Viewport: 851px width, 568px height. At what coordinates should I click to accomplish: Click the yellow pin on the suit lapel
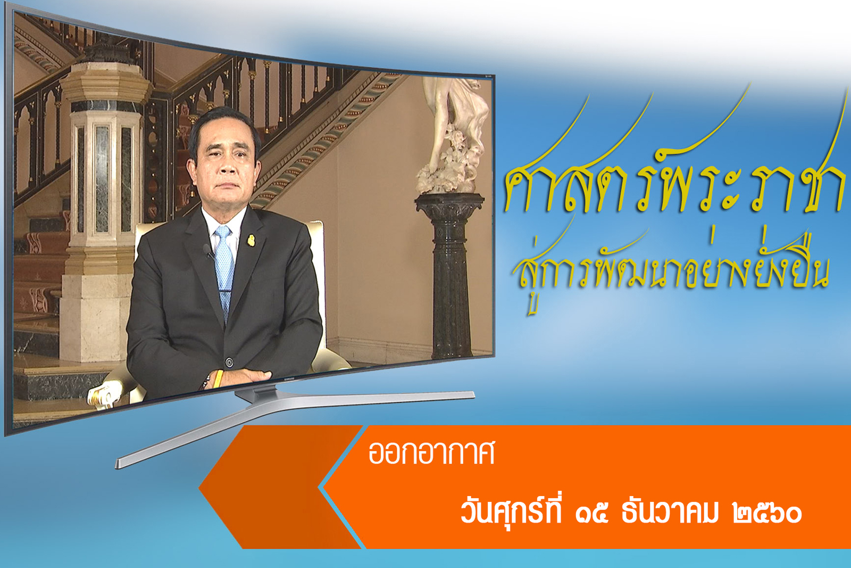coord(251,240)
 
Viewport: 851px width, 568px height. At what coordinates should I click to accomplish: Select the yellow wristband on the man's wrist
coord(218,379)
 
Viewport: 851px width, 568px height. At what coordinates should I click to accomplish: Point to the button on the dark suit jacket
coord(229,362)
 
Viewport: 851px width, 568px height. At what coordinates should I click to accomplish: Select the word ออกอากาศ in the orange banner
coord(431,454)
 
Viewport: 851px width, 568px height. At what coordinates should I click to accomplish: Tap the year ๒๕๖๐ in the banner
coord(767,514)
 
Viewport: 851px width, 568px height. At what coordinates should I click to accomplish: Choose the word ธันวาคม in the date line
coord(670,513)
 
